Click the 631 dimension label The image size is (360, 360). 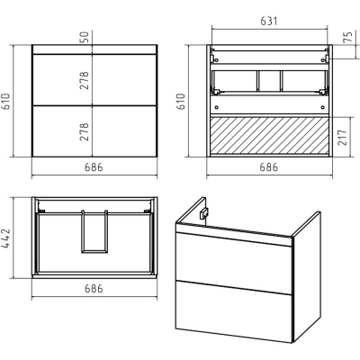pos(269,22)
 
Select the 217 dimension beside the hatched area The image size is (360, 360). pos(343,137)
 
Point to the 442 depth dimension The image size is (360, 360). pos(6,238)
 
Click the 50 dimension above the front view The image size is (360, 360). pos(85,37)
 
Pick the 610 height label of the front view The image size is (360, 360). pos(6,102)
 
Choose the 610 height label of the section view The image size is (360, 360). pos(181,102)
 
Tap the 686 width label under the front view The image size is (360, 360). pos(94,167)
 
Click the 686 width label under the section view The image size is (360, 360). pos(269,167)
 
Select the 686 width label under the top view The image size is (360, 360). pos(94,289)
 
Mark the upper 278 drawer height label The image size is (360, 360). pos(85,80)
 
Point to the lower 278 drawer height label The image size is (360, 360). pos(85,131)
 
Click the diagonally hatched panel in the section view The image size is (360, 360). pos(269,135)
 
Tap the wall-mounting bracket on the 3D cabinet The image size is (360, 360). pos(204,213)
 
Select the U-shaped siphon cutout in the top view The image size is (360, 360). pos(94,231)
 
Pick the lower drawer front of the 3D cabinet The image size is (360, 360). pos(233,311)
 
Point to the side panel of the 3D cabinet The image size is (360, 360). pos(307,276)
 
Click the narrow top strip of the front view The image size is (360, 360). pos(94,49)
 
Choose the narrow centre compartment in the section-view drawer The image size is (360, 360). pos(269,81)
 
